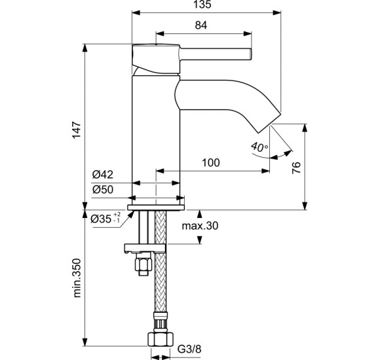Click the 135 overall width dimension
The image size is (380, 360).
tap(202, 5)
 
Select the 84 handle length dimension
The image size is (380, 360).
tap(201, 25)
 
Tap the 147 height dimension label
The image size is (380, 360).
tap(77, 130)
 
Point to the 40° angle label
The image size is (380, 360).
tap(259, 147)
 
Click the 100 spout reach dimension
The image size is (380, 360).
tap(211, 163)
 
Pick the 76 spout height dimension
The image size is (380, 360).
tap(296, 168)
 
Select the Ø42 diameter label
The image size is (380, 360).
tap(102, 174)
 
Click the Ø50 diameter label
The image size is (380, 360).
tap(102, 189)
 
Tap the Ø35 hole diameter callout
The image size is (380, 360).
tap(105, 219)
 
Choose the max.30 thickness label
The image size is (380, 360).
tap(200, 226)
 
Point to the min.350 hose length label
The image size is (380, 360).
tap(77, 278)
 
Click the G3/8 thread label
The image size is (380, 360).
tap(189, 350)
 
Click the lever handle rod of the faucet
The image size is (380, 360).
tap(216, 54)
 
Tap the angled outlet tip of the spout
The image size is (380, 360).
tap(269, 123)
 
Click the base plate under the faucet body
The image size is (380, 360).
tap(156, 207)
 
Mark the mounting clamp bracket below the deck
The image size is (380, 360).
tap(145, 248)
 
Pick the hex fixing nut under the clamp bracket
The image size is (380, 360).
tap(143, 265)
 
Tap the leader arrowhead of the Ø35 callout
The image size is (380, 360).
tap(131, 214)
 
